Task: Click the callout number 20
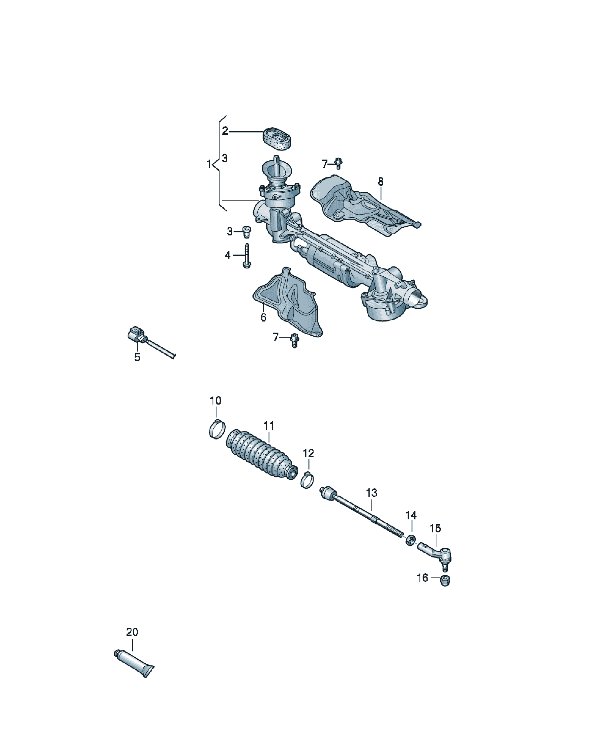tap(132, 632)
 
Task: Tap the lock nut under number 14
tap(410, 539)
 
